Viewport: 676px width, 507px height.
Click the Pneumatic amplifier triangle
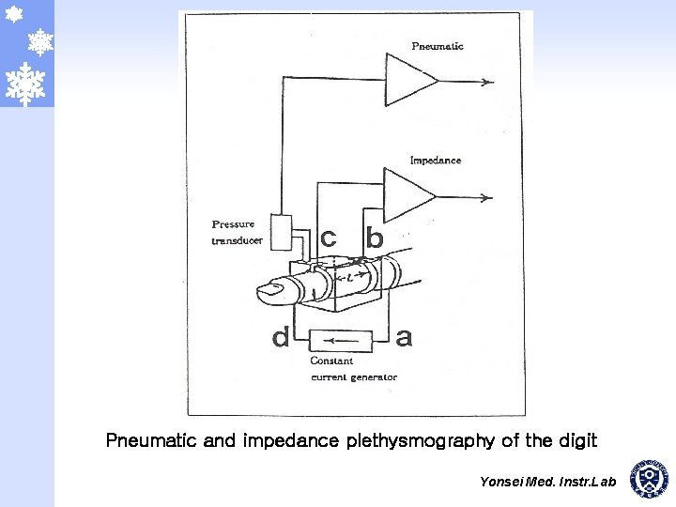tap(407, 80)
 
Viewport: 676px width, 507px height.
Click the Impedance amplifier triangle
tap(406, 195)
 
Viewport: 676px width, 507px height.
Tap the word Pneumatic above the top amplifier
tap(437, 46)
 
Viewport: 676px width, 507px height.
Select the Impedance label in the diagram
tap(435, 161)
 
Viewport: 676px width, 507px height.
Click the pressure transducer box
tap(281, 232)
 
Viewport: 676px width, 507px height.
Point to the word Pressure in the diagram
tap(233, 224)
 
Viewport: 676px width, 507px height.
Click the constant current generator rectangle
tap(341, 340)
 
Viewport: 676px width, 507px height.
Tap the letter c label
tap(328, 239)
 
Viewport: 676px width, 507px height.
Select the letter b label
tap(375, 239)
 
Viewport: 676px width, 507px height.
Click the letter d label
tap(280, 338)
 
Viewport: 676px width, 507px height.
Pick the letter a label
tap(404, 338)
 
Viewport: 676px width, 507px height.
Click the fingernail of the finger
tap(272, 293)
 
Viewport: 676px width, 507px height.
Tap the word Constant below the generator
tap(331, 361)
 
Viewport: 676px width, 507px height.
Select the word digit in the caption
tap(575, 439)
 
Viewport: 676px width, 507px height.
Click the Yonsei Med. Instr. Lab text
tap(547, 482)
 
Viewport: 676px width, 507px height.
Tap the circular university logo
tap(649, 478)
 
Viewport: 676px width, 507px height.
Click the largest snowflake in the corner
tap(26, 84)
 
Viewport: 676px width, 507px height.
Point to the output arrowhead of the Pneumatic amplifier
tap(487, 81)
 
